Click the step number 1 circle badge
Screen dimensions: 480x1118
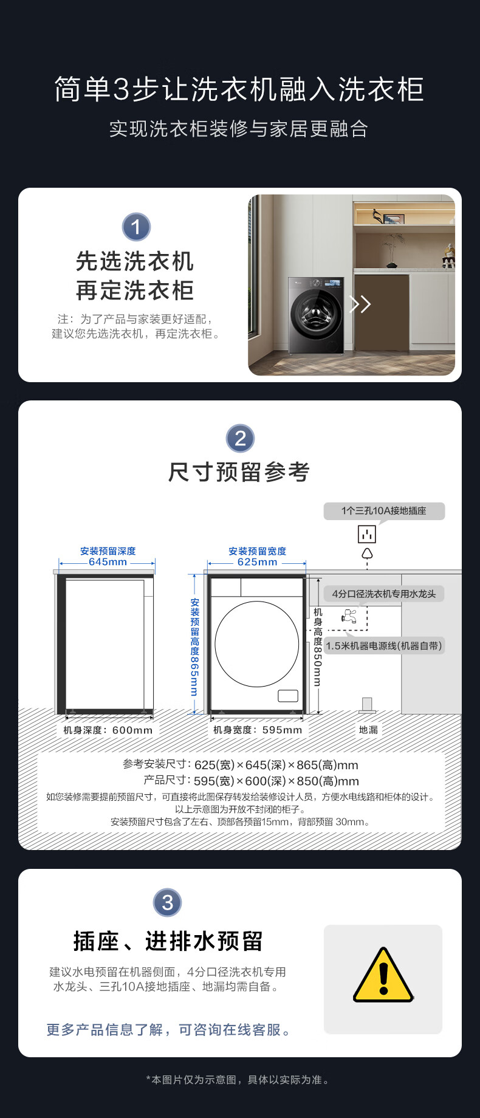click(136, 227)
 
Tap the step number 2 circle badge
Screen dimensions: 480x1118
click(240, 438)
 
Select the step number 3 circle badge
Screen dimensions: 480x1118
click(168, 902)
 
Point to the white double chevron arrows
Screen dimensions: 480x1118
click(360, 304)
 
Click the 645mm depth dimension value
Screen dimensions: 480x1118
click(108, 562)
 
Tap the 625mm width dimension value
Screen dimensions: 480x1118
click(257, 562)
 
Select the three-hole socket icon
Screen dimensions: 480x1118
click(367, 534)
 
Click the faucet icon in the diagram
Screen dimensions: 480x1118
click(349, 616)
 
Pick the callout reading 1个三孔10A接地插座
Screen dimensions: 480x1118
click(384, 511)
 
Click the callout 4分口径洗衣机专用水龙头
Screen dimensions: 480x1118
click(384, 594)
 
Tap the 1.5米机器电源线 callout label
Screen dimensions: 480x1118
click(384, 645)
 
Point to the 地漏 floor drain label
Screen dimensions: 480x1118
click(368, 730)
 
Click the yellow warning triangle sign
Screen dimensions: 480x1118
click(383, 975)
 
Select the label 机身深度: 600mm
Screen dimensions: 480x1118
click(108, 730)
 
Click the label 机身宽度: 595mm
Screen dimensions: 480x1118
click(258, 730)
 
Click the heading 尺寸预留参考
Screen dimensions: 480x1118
click(239, 472)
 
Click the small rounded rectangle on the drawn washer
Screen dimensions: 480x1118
click(288, 696)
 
